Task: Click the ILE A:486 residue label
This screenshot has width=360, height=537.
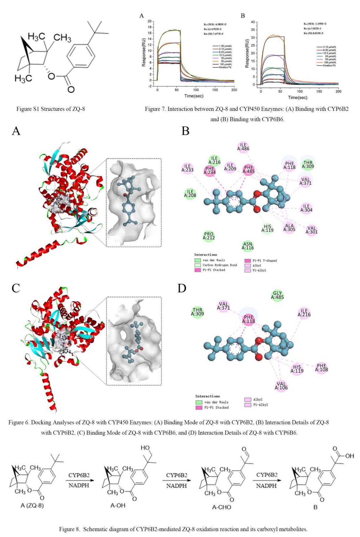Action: (x=243, y=147)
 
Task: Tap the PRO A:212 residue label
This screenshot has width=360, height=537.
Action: (x=209, y=236)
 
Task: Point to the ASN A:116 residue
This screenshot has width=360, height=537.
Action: (x=248, y=246)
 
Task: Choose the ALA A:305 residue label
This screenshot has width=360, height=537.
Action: (x=289, y=228)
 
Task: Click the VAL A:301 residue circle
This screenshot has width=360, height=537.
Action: (x=311, y=230)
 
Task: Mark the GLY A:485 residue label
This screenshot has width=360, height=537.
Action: (x=277, y=295)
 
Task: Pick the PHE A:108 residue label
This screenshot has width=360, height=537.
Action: (x=321, y=368)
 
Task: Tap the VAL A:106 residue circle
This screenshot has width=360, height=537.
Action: (x=281, y=386)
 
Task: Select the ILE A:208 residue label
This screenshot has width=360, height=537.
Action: (x=190, y=193)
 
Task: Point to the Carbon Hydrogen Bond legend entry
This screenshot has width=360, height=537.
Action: (x=219, y=265)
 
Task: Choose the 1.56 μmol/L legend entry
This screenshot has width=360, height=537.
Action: (x=225, y=46)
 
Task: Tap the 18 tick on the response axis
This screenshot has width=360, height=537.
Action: (x=150, y=27)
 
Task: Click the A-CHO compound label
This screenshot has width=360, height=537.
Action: (x=221, y=507)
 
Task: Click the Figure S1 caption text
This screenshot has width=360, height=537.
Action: (x=51, y=109)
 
